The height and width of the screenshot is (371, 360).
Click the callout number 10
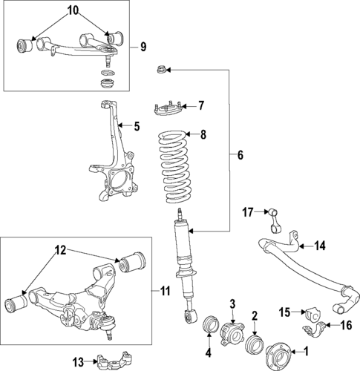[71, 10]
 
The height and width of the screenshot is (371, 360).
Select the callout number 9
[144, 47]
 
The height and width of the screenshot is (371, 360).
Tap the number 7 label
[200, 105]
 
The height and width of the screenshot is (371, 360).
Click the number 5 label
[136, 128]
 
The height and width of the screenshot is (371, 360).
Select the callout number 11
[165, 290]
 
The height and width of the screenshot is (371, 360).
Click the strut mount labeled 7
[168, 111]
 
